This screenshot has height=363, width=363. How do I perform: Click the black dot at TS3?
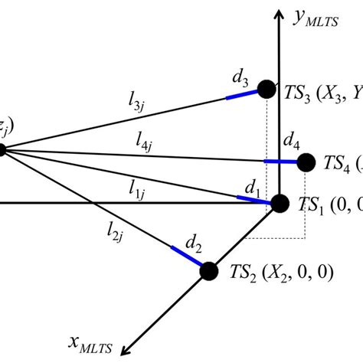[266, 90]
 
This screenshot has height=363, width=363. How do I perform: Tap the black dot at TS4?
[306, 162]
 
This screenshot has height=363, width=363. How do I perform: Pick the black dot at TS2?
[208, 270]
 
